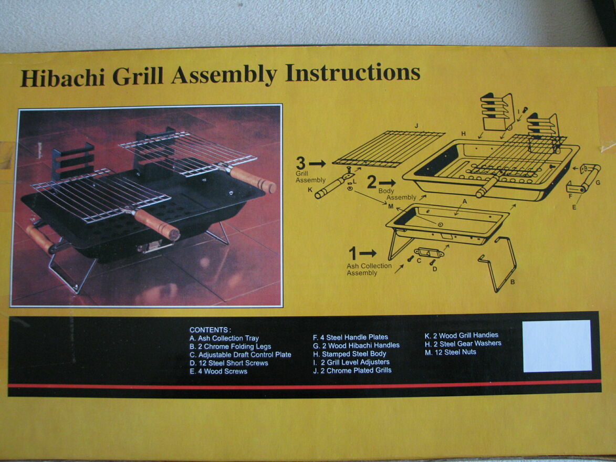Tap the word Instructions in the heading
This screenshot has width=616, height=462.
pyautogui.click(x=353, y=73)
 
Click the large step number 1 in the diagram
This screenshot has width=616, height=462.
pyautogui.click(x=352, y=254)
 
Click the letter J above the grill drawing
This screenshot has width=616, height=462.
pyautogui.click(x=415, y=126)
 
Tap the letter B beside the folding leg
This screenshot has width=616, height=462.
pyautogui.click(x=513, y=282)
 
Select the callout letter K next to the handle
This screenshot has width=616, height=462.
pyautogui.click(x=310, y=190)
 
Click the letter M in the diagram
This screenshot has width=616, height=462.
pyautogui.click(x=390, y=206)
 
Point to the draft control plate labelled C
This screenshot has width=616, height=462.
pyautogui.click(x=430, y=253)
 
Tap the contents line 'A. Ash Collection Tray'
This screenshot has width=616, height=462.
pyautogui.click(x=224, y=339)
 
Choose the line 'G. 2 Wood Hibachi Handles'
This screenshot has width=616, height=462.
pyautogui.click(x=356, y=345)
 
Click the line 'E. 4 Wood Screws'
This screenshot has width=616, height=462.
pyautogui.click(x=218, y=371)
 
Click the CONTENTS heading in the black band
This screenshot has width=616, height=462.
pyautogui.click(x=210, y=330)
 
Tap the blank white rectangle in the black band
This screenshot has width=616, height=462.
pyautogui.click(x=557, y=345)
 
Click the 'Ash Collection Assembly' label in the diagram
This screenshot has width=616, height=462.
pyautogui.click(x=369, y=269)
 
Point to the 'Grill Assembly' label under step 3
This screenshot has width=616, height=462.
pyautogui.click(x=310, y=176)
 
